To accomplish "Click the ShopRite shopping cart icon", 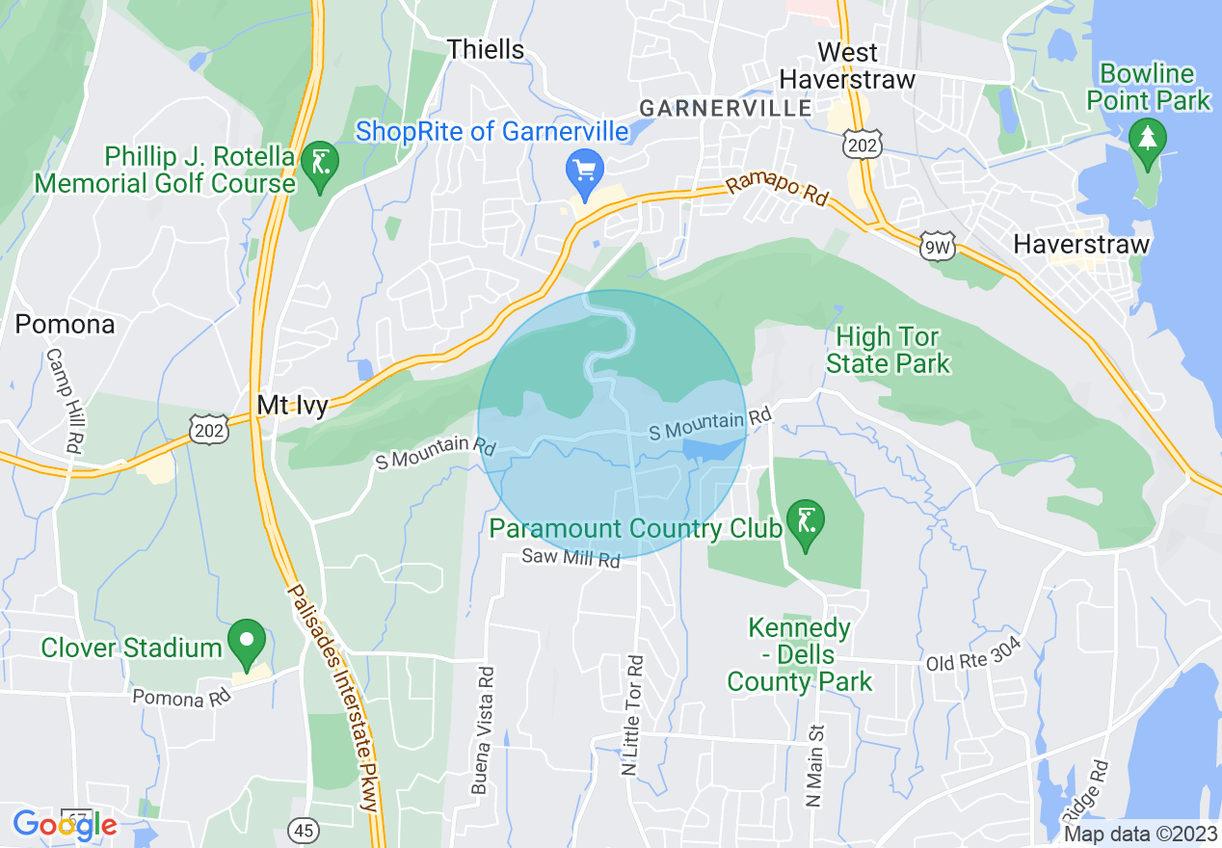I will (583, 171).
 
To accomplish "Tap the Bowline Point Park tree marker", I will (1146, 137).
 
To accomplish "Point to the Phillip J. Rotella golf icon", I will (317, 164).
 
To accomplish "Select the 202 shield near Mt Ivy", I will (209, 429).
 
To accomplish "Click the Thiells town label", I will (487, 49).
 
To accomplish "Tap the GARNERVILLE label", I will (726, 107).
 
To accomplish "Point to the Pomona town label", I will (65, 324).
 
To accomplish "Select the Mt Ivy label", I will (292, 405).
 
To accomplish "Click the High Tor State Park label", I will (889, 350).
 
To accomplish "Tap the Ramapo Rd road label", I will (777, 189).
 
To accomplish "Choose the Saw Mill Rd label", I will (571, 557).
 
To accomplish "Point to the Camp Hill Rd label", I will (62, 400).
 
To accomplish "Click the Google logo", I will (65, 825).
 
